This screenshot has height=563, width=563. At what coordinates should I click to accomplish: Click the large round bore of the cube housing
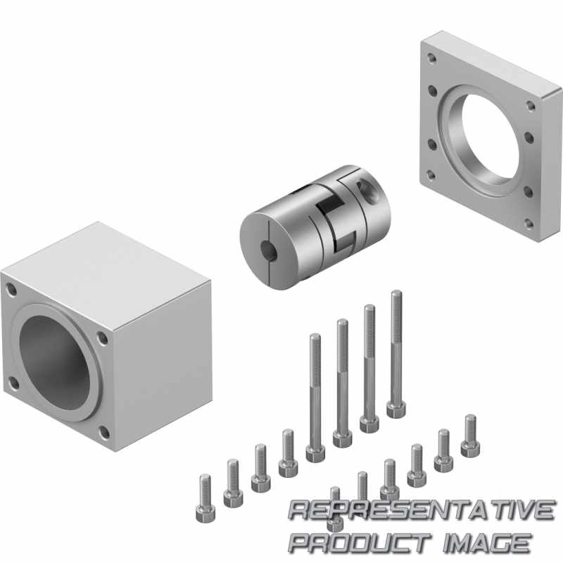[x=55, y=363]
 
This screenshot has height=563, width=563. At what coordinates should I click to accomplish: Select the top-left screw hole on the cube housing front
[x=11, y=289]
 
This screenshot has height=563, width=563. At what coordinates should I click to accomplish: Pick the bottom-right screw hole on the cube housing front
[x=103, y=432]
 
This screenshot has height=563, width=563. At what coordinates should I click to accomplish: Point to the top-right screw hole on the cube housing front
[x=103, y=338]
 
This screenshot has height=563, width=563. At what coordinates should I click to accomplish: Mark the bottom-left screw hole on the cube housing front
[x=13, y=383]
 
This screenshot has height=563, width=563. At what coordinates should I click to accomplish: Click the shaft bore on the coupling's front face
[x=269, y=251]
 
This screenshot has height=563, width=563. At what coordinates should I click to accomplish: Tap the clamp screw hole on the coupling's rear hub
[x=367, y=191]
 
